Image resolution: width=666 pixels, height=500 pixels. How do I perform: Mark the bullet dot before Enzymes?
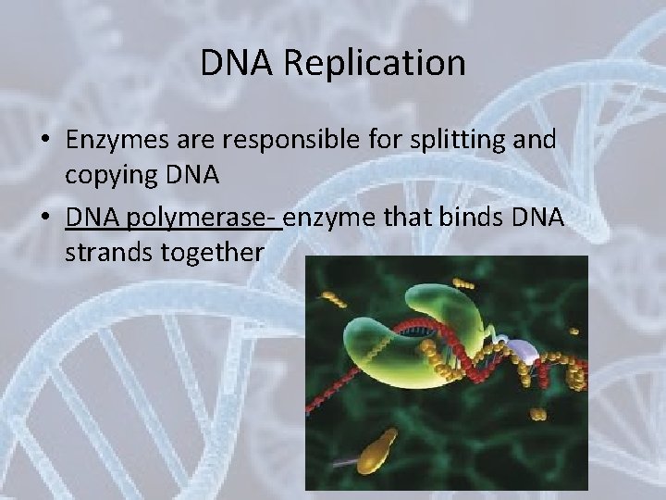[43, 141]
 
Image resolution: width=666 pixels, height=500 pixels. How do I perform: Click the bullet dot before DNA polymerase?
[43, 219]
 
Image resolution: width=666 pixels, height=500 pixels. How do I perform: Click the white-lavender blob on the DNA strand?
[524, 349]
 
